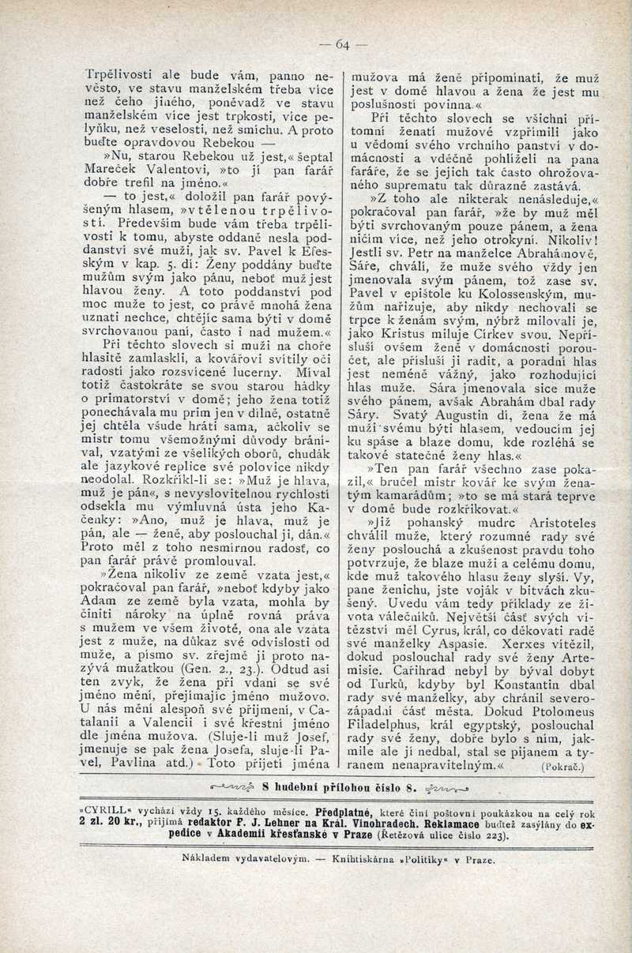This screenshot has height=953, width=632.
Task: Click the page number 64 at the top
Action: [342, 45]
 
